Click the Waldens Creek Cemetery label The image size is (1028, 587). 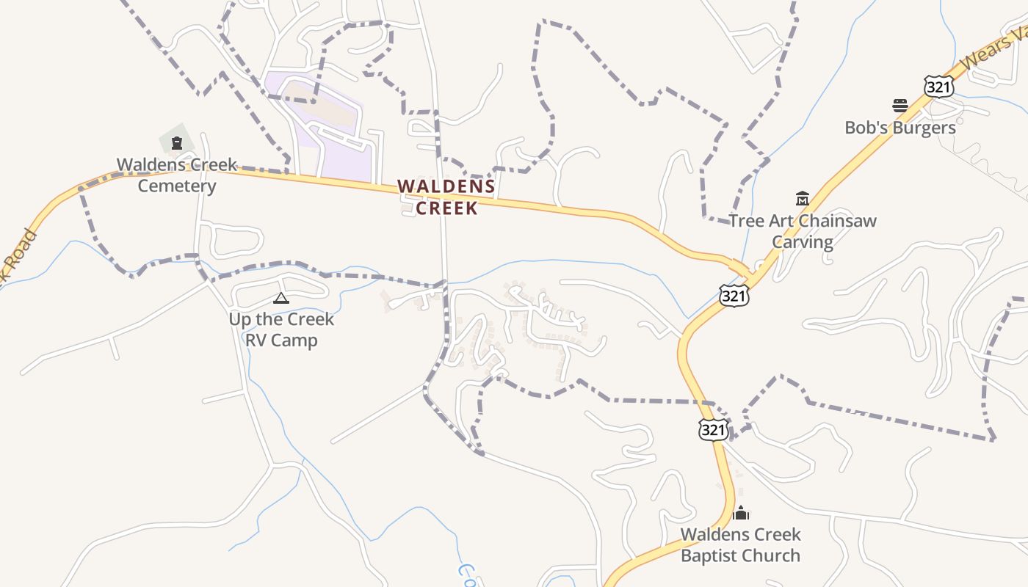click(177, 175)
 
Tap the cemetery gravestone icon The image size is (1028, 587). click(176, 142)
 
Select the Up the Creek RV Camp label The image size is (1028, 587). click(281, 329)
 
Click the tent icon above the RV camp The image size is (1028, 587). click(280, 298)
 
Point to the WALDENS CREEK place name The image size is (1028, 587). click(447, 197)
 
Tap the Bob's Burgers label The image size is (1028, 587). click(900, 128)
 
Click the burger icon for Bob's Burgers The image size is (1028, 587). click(900, 106)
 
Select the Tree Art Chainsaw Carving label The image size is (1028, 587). click(803, 231)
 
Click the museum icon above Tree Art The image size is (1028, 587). click(803, 198)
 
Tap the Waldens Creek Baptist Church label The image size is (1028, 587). click(740, 544)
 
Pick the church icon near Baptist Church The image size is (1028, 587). click(741, 512)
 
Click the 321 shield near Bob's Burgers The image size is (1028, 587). click(939, 87)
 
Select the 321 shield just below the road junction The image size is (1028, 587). click(734, 295)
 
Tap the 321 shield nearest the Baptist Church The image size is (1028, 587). click(713, 429)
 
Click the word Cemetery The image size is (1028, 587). click(177, 186)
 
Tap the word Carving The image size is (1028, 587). click(803, 242)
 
